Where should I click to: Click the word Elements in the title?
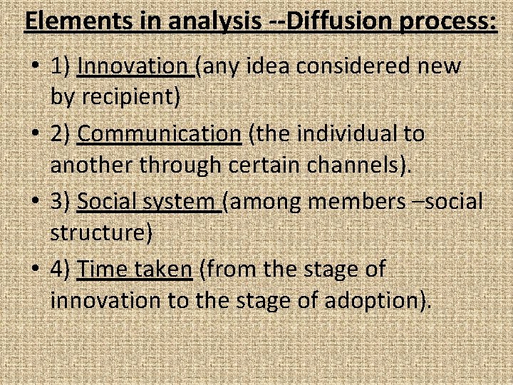click(x=77, y=22)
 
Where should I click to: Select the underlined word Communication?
click(x=159, y=133)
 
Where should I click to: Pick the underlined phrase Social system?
click(x=149, y=202)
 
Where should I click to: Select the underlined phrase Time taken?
click(x=135, y=269)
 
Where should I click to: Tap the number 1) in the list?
click(x=61, y=67)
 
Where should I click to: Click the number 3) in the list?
click(x=61, y=202)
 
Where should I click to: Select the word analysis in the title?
click(x=221, y=22)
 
